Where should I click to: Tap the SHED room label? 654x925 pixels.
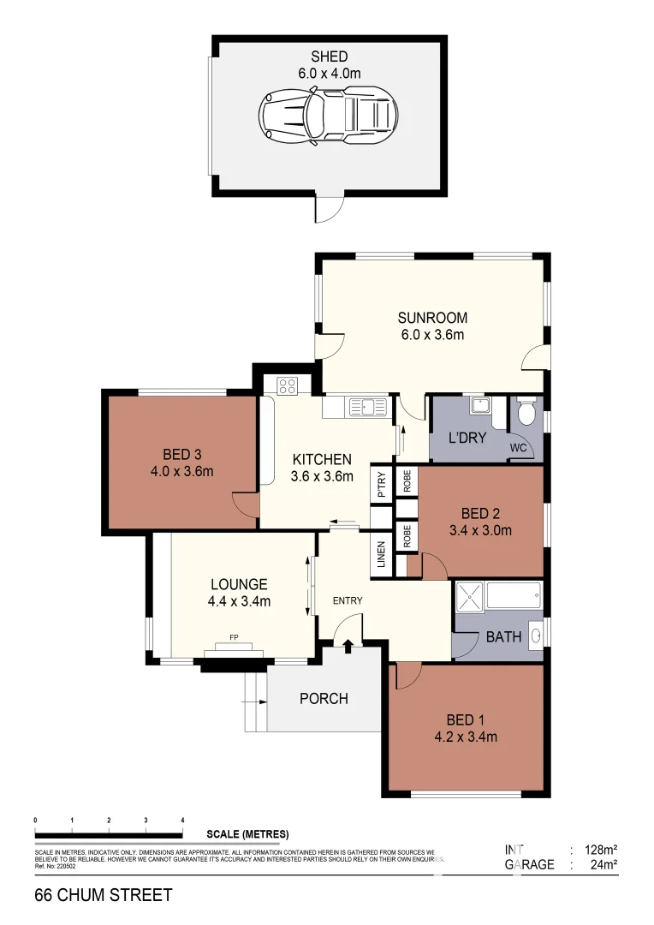click(x=329, y=57)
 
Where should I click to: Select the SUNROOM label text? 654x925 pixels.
click(x=431, y=318)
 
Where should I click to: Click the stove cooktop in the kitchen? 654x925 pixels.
click(x=287, y=386)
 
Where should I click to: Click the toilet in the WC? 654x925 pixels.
click(x=527, y=413)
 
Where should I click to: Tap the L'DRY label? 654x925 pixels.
click(x=469, y=439)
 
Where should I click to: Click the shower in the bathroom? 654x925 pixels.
click(x=469, y=597)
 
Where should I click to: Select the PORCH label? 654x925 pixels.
click(x=324, y=698)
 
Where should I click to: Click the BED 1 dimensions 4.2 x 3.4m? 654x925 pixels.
click(x=466, y=736)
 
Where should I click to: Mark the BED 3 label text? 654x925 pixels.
click(x=181, y=454)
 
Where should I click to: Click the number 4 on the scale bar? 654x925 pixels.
click(x=183, y=820)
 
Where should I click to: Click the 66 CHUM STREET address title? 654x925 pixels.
click(x=103, y=895)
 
